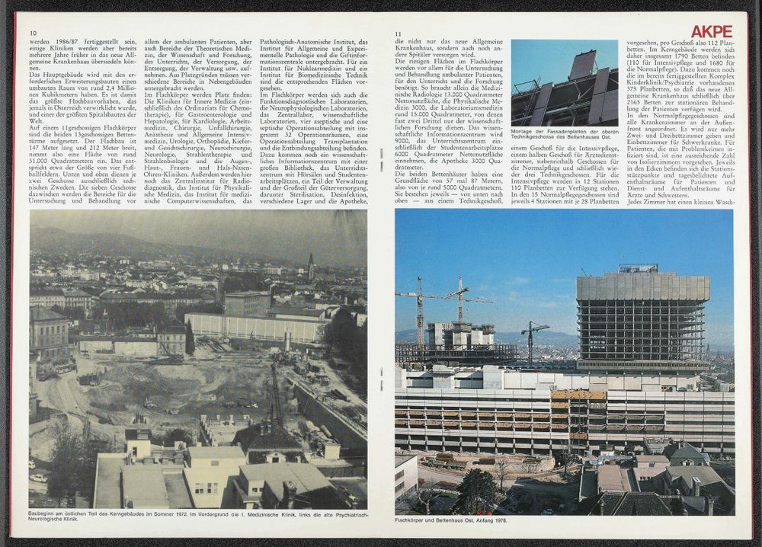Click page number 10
click(34, 34)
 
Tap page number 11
click(399, 34)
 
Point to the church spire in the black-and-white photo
click(311, 266)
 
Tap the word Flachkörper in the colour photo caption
click(412, 520)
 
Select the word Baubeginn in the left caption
click(43, 516)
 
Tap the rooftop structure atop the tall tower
click(638, 268)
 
